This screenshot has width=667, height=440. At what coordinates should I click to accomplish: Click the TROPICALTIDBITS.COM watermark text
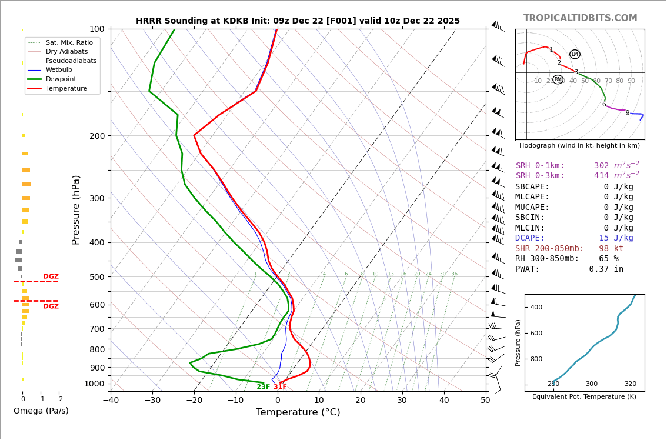tap(580, 18)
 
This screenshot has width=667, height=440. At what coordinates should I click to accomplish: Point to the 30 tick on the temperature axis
tap(402, 401)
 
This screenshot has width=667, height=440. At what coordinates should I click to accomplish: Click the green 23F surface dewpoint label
tap(263, 387)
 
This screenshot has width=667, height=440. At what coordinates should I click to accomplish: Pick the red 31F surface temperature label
tap(280, 387)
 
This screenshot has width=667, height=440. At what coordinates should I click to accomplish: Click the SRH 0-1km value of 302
tap(601, 166)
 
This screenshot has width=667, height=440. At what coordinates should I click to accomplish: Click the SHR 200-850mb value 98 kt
tap(611, 249)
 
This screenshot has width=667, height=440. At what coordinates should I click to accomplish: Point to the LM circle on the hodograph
tap(575, 54)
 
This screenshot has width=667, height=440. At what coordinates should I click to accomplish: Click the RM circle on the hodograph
tap(558, 79)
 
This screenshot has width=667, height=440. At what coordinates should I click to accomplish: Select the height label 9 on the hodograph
tap(627, 113)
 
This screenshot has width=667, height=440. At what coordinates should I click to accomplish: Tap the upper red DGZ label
tap(51, 276)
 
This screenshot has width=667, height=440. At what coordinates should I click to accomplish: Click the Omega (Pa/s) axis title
tap(41, 411)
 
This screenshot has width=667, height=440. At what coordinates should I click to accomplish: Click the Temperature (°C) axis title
tap(298, 412)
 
